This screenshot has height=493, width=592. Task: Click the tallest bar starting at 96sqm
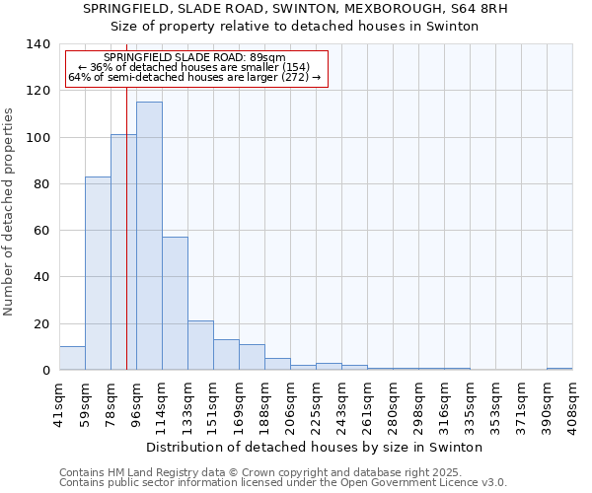click(x=149, y=236)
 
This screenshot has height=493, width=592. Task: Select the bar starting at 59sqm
click(x=98, y=273)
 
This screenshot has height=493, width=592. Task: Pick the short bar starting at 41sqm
click(x=72, y=358)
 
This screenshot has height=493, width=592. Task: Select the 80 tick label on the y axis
click(x=41, y=184)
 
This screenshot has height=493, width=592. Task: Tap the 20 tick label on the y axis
click(x=41, y=324)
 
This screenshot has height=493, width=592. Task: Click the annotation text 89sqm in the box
click(x=265, y=58)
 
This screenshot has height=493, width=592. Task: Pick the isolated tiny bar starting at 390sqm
click(x=559, y=369)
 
